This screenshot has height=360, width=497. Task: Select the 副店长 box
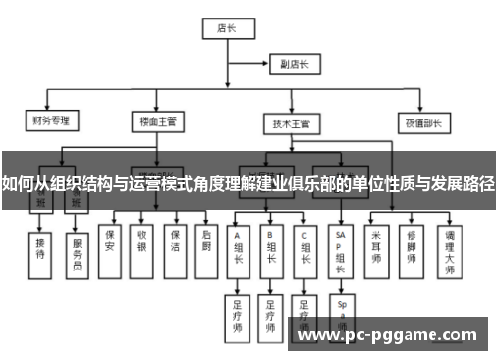click(294, 66)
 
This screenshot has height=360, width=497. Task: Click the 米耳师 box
click(375, 246)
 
